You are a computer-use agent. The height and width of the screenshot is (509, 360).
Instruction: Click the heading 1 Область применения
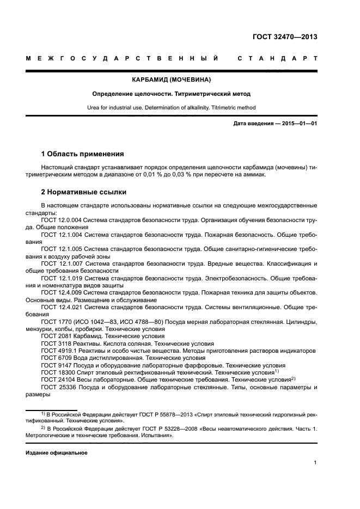pos(83,154)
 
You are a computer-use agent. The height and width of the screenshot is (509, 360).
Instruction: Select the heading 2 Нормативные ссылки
pos(84,192)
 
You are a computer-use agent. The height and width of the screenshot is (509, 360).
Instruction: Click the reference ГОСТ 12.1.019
pos(61,278)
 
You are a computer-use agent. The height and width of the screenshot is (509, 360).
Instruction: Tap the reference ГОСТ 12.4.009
pos(61,293)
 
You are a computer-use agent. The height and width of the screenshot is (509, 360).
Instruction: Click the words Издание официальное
pos(57,452)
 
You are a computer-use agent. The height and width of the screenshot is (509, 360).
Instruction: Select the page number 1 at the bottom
pos(315,463)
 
